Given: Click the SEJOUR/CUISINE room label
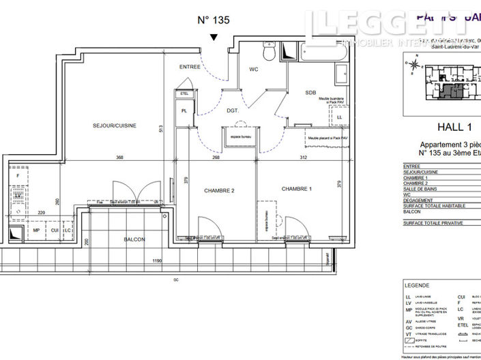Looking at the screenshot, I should (115, 125).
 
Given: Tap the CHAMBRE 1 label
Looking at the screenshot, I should (296, 189).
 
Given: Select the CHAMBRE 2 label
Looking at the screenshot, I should (219, 190).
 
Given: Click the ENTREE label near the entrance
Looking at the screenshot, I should (190, 67).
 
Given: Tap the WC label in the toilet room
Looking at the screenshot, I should (253, 69).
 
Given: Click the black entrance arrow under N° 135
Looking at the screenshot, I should (214, 37).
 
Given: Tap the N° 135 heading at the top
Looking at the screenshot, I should (214, 20).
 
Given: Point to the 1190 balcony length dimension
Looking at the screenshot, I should (157, 260).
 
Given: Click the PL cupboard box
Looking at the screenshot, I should (184, 111).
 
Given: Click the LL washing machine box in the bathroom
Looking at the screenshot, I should (339, 117).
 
